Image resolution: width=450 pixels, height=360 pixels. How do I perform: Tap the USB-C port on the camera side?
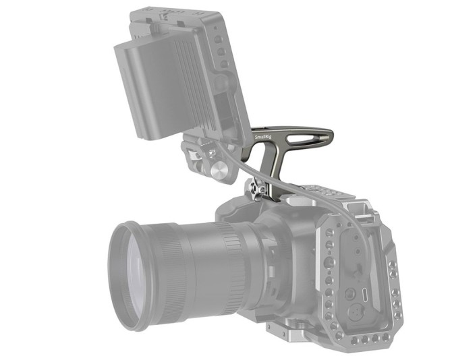tap(364, 295)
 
